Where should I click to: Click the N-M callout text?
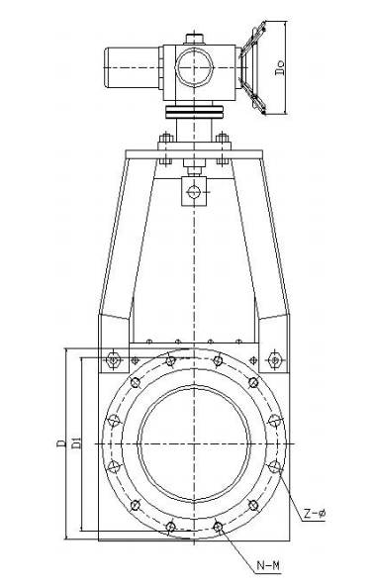(268, 566)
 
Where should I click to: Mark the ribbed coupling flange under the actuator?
(195, 115)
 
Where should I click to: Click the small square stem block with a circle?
(194, 189)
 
